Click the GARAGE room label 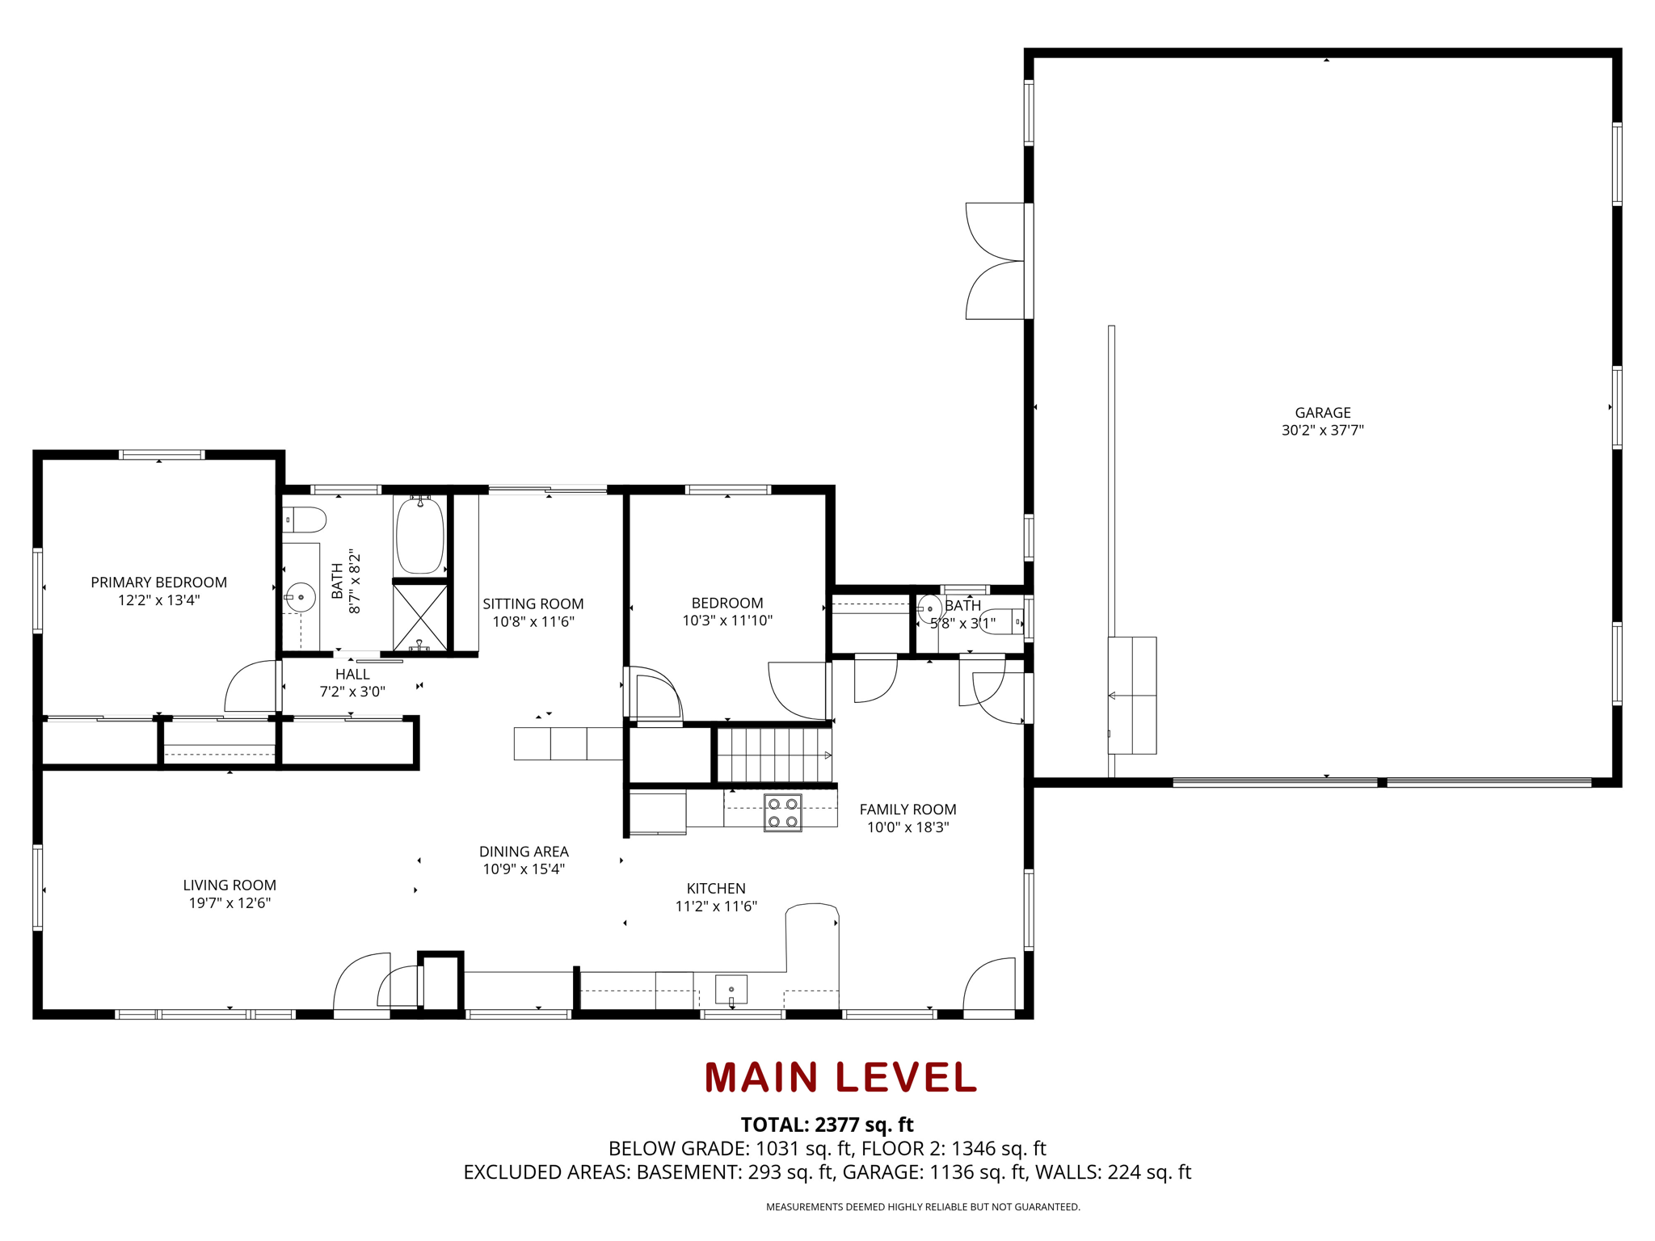click(x=1322, y=413)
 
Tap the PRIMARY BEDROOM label click(x=158, y=583)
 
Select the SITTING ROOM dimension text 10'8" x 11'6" click(x=533, y=621)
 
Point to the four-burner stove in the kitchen click(x=782, y=812)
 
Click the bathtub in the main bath click(x=419, y=535)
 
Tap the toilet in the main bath click(x=304, y=520)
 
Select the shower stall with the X click(x=420, y=617)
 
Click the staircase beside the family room click(x=774, y=755)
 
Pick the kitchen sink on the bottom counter click(x=731, y=990)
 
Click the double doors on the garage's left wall click(x=996, y=261)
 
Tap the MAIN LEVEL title click(x=840, y=1077)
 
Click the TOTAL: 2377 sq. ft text click(x=827, y=1125)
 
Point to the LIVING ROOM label click(x=230, y=886)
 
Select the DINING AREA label click(x=524, y=852)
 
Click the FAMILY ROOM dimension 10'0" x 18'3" click(x=908, y=827)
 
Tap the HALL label click(x=352, y=675)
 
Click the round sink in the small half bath click(x=930, y=608)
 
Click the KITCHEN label click(x=716, y=889)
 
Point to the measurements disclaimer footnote click(x=923, y=1207)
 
